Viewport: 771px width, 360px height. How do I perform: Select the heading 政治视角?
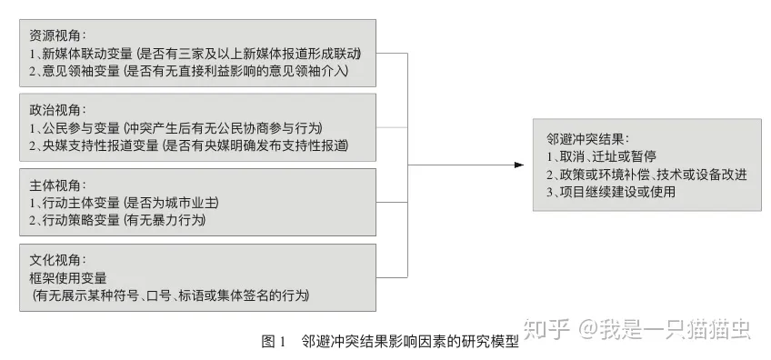coord(55,110)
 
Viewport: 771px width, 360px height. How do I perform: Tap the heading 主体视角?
coord(55,185)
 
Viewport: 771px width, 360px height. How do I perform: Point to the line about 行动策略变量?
coord(117,219)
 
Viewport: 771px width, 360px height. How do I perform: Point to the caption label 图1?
coord(274,342)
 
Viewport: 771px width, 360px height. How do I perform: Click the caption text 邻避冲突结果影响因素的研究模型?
coord(409,342)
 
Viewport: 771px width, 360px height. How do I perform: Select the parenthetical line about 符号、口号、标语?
coord(171,295)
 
